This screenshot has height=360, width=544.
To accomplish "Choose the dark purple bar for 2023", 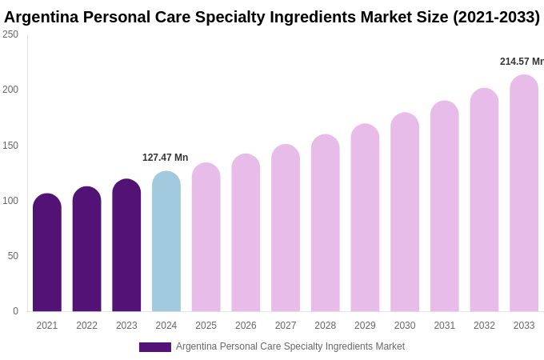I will coord(126,246).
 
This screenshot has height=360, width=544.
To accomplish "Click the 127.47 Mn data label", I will coord(165,158).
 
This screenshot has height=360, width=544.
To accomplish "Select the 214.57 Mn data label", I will coord(521,62).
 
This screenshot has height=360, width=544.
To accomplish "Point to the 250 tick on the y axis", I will coord(10,34).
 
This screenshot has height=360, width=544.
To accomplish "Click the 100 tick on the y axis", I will coord(10,201).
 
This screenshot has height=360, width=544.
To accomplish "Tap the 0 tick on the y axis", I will coord(15,311).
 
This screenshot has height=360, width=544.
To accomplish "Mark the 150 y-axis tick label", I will coord(10,146).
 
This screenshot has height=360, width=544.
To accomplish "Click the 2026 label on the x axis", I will coord(246,326).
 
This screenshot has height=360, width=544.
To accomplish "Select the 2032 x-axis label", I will coord(484,326).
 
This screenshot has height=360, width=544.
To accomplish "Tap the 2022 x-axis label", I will coord(86,326).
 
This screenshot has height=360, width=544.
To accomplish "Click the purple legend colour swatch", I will coord(155,347).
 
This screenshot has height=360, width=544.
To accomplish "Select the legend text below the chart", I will coord(290,346).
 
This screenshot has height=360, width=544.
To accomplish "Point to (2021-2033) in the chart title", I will coord(496,17).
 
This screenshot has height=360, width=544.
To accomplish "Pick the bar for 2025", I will coord(206,238).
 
